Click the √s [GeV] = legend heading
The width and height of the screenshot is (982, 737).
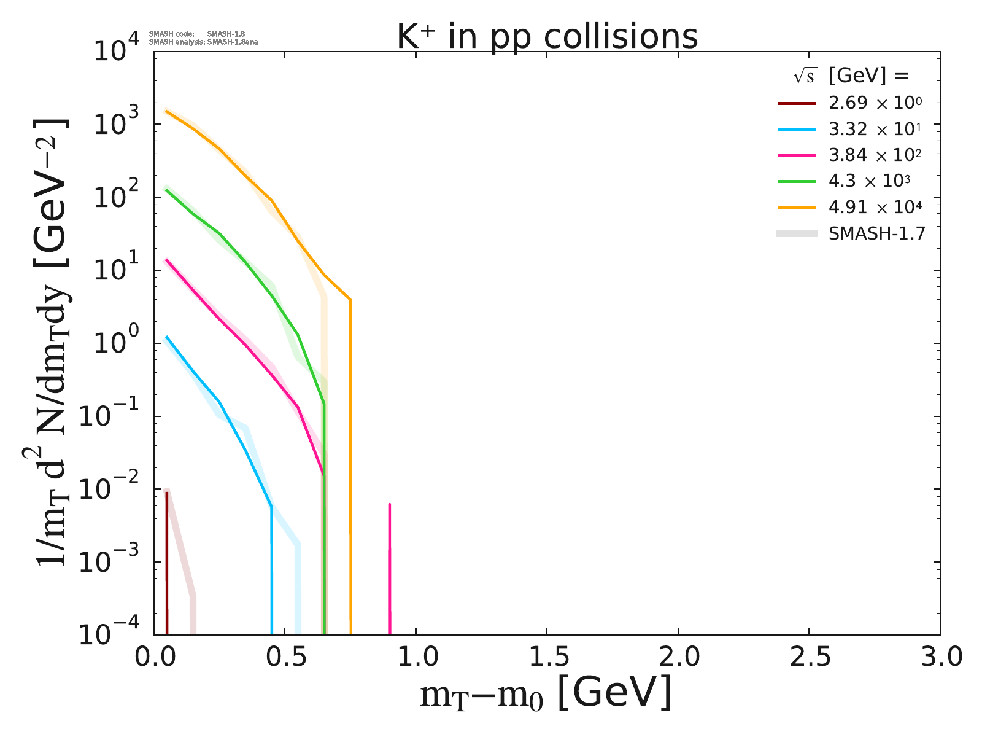[850, 76]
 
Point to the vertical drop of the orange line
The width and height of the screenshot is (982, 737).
[350, 467]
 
